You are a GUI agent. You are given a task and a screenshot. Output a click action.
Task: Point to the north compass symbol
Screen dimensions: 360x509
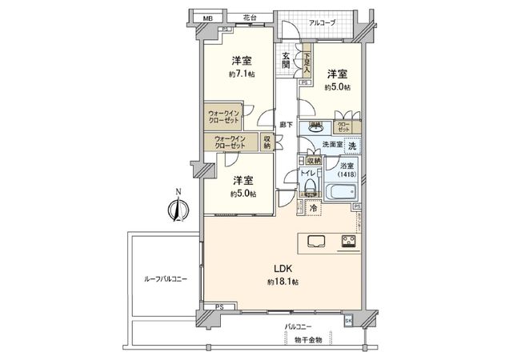pos(178,208)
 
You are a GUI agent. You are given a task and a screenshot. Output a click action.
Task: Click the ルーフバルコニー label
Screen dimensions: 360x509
pos(166,278)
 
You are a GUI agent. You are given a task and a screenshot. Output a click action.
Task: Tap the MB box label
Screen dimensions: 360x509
pos(207,18)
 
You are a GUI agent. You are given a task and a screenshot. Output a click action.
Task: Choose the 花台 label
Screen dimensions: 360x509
pos(250,17)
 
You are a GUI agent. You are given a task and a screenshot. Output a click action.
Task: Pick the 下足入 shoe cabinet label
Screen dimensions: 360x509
pos(307,63)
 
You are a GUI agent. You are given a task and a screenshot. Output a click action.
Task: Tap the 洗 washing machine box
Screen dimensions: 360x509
pos(352,145)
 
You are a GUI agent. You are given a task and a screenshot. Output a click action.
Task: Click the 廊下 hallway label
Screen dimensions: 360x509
pos(285,125)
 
